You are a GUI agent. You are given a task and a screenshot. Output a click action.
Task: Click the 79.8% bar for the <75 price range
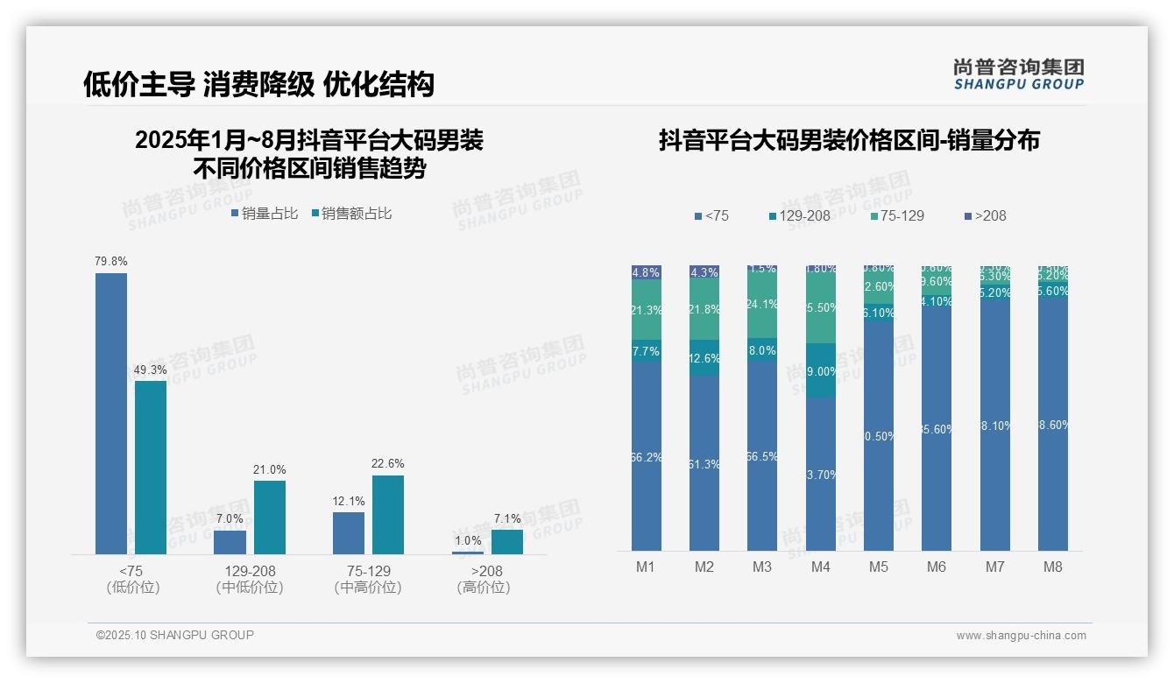[x=111, y=413]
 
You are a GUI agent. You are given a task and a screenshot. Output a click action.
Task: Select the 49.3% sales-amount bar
[x=151, y=467]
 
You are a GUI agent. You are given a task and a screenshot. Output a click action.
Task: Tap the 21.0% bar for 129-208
[x=270, y=517]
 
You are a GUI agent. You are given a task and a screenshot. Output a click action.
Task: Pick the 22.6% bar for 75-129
[x=388, y=514]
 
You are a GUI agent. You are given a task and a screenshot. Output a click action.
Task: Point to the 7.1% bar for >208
[x=506, y=542]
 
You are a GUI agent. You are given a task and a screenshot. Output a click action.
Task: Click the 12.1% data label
[x=349, y=502]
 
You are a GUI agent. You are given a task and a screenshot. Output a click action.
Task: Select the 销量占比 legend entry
[x=265, y=214]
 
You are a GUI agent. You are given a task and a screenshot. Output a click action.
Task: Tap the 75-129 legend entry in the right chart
[x=898, y=215]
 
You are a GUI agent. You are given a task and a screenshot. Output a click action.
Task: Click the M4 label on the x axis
[x=820, y=567]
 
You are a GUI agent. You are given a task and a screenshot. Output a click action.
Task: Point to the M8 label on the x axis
[x=1052, y=567]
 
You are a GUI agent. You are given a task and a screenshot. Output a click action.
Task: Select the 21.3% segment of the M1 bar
[x=647, y=310]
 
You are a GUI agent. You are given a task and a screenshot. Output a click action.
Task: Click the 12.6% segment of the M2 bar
[x=704, y=358]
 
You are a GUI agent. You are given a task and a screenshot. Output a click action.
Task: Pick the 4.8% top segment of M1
[x=647, y=272]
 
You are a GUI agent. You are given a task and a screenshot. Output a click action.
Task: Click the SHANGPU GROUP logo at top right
[x=1018, y=74]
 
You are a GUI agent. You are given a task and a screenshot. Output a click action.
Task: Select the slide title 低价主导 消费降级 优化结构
[x=258, y=84]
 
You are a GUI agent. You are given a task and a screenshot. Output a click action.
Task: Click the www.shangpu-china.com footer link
[x=1021, y=636]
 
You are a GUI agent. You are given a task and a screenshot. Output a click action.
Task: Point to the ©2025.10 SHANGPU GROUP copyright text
[x=175, y=635]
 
